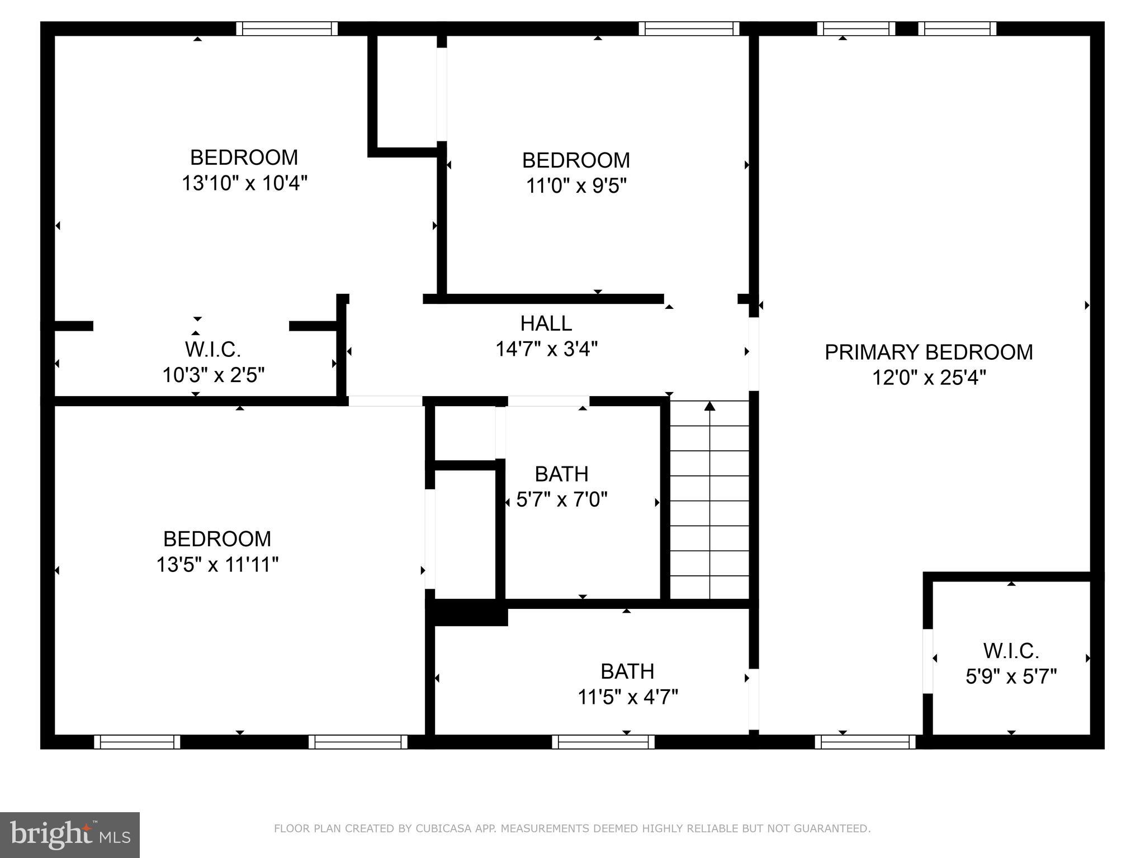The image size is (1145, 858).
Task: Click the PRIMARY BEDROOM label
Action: [x=928, y=352]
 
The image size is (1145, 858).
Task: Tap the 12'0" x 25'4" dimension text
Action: [x=929, y=378]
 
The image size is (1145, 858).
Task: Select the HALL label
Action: [x=546, y=323]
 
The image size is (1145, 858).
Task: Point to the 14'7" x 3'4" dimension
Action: [x=546, y=349]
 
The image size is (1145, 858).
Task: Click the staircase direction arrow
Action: [x=709, y=406]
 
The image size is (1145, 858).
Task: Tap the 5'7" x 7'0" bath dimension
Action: [x=561, y=499]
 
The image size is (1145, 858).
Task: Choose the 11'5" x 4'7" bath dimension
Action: [x=627, y=697]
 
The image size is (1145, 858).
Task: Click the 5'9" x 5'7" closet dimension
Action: [x=1011, y=676]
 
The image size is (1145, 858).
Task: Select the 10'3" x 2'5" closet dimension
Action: [x=213, y=375]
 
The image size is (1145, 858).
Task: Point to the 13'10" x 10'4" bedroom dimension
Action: [x=244, y=183]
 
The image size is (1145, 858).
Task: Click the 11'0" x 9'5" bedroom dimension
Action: [x=576, y=185]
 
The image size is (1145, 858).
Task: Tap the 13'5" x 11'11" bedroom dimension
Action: [x=217, y=564]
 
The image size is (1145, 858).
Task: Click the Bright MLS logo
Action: [x=69, y=835]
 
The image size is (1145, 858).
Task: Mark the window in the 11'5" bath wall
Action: [x=603, y=741]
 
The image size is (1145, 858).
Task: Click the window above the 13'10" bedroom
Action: [x=287, y=28]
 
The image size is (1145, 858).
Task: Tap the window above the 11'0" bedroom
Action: [x=689, y=28]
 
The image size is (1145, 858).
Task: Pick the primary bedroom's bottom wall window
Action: [x=864, y=741]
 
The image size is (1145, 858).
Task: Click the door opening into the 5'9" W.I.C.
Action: [x=928, y=661]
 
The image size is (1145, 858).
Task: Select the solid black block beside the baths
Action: [x=467, y=612]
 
